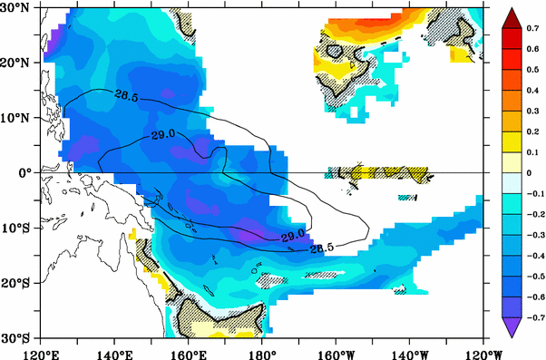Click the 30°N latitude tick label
(17, 8)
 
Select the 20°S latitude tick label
(17, 283)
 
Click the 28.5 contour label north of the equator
(127, 93)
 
